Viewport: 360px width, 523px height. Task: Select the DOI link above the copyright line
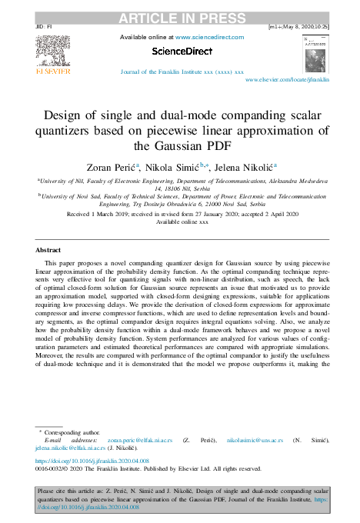click(91, 459)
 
